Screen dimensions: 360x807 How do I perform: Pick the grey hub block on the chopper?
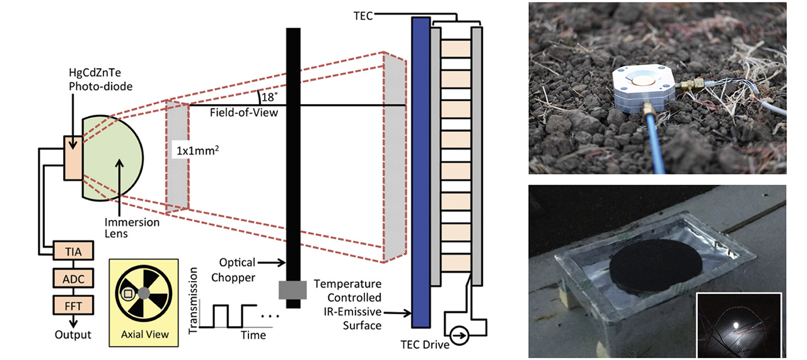point(293,290)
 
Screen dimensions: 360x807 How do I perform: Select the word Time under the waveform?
point(253,335)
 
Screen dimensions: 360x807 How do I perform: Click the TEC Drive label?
point(424,344)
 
